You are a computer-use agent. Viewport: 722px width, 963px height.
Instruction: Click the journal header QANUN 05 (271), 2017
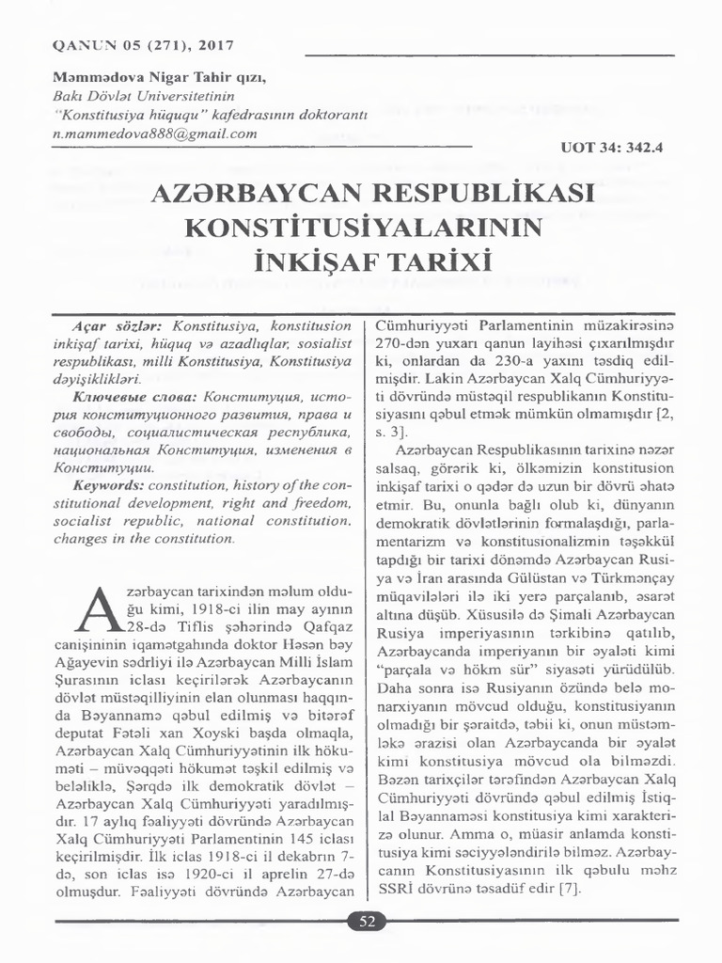tap(133, 45)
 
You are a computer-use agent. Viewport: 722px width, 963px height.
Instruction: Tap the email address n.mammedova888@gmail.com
tap(155, 134)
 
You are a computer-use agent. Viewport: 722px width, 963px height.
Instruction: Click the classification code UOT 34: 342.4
tap(612, 149)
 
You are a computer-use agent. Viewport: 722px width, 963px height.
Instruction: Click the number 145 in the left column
tap(287, 837)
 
